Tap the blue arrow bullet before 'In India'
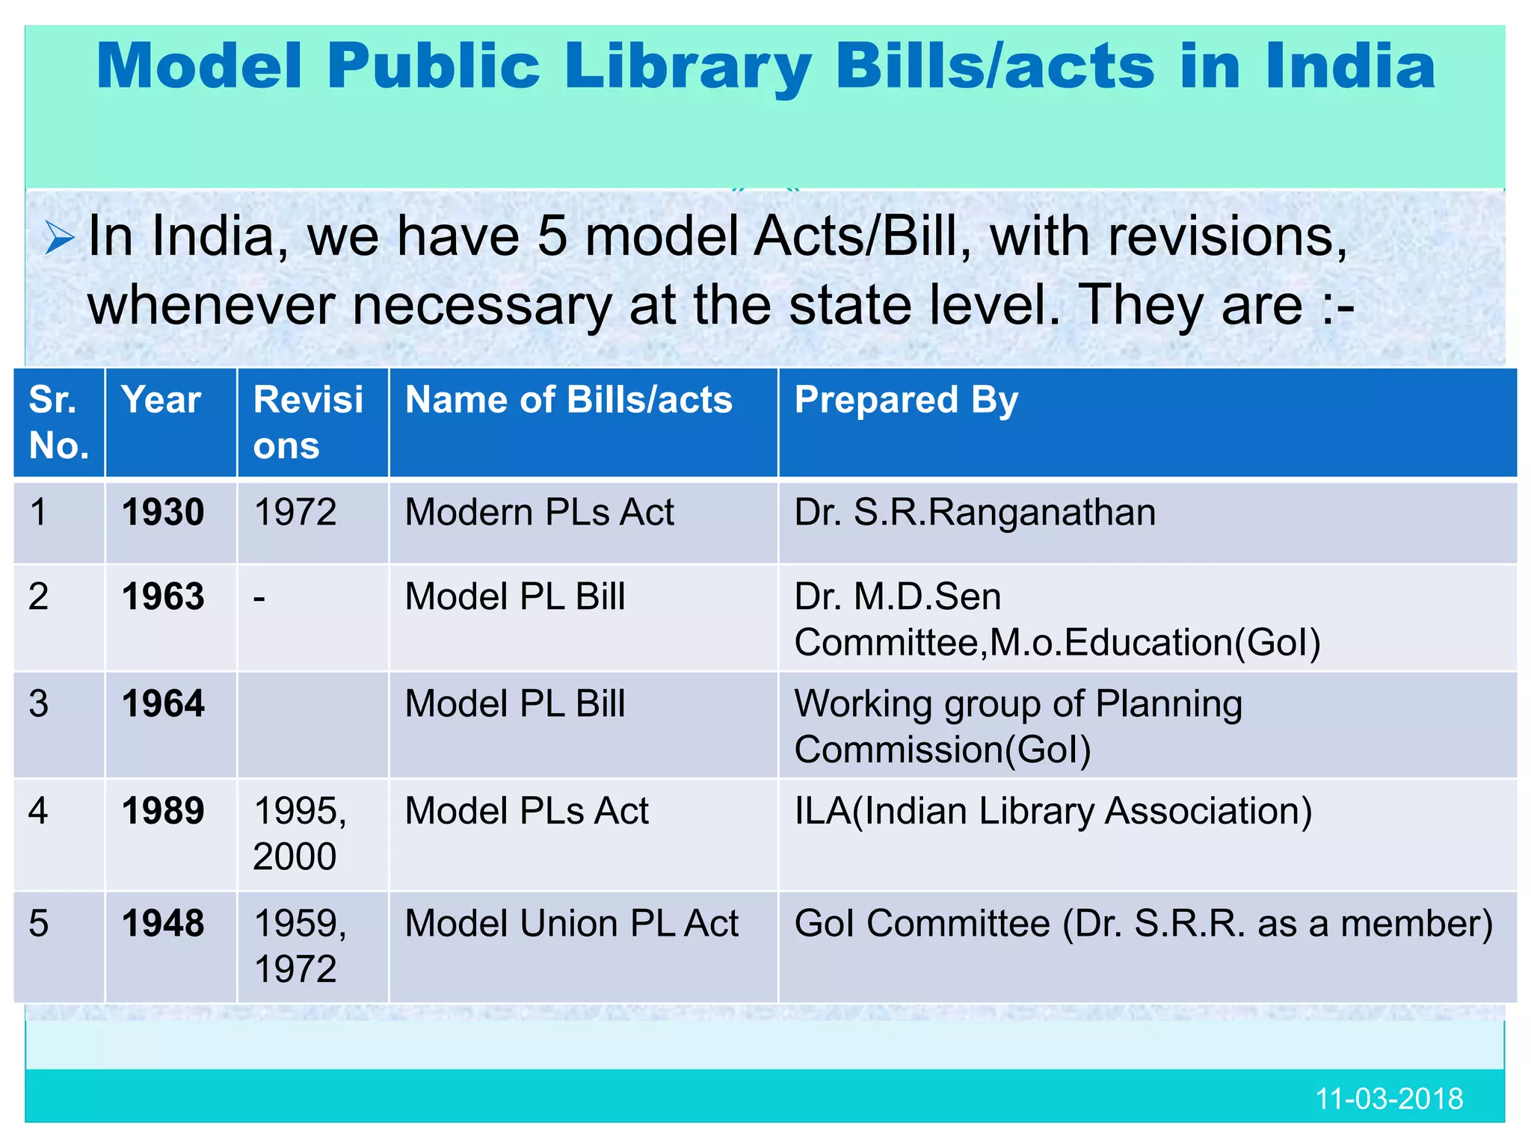59,239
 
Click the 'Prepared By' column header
906,400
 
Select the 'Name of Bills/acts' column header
568,400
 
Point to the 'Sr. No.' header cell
58,422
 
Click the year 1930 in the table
163,513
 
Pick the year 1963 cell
163,597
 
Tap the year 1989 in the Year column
163,812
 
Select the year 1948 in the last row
163,924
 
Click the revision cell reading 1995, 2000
299,833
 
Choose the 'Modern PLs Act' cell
539,513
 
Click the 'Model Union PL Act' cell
571,924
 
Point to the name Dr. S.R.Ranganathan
975,513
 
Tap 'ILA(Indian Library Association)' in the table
1053,812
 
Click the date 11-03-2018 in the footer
1388,1099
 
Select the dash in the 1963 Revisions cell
259,599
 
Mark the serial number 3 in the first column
39,704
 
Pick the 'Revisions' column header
308,422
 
